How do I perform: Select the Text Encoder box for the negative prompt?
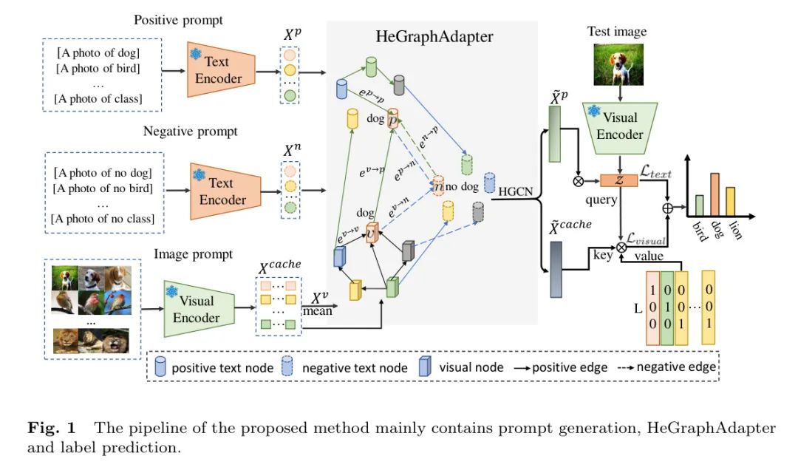click(x=222, y=191)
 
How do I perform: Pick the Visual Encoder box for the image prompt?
click(x=196, y=310)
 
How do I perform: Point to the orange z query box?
click(x=618, y=180)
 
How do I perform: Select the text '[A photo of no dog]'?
click(x=103, y=174)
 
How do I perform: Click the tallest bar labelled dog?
click(x=715, y=194)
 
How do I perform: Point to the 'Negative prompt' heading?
click(x=190, y=132)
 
